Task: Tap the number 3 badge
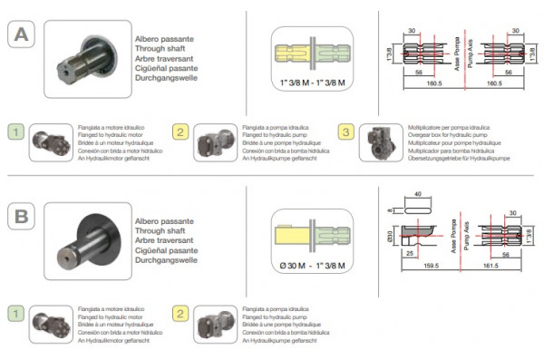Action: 345,133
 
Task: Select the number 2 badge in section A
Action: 180,133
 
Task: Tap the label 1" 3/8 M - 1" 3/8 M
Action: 311,81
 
